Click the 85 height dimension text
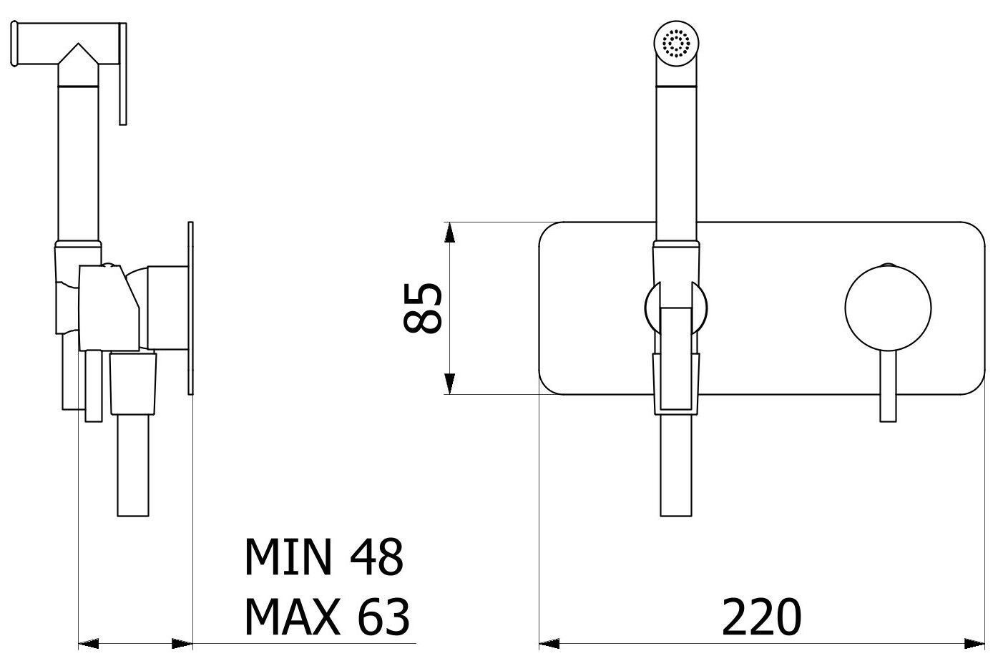click(422, 308)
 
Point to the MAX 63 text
click(327, 617)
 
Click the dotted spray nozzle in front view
click(675, 45)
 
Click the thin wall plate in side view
click(190, 308)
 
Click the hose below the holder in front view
click(675, 465)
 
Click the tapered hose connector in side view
click(133, 383)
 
